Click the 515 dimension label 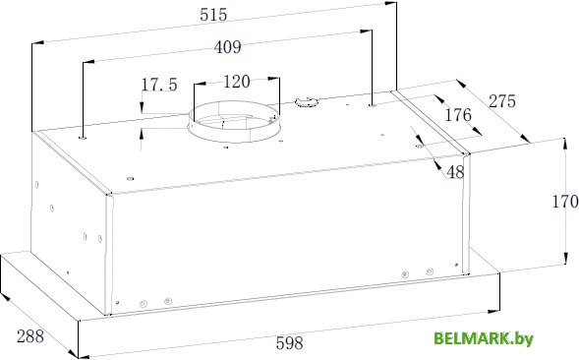click(213, 15)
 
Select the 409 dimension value click(227, 47)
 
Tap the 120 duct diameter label click(237, 82)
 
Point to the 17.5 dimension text click(159, 85)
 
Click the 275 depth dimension click(502, 101)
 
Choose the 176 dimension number click(458, 115)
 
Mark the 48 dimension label click(455, 172)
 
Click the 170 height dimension click(565, 202)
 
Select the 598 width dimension click(289, 343)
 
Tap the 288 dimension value click(30, 336)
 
